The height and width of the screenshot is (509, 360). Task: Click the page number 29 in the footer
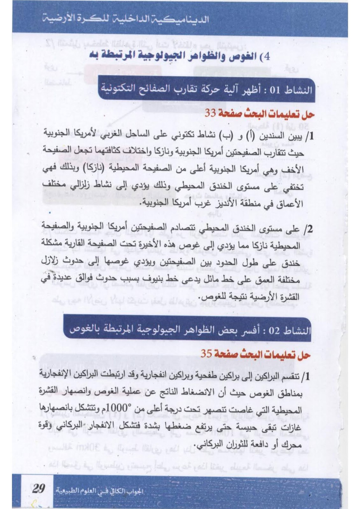point(38,488)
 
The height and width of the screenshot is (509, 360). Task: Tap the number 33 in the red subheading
point(210,114)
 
